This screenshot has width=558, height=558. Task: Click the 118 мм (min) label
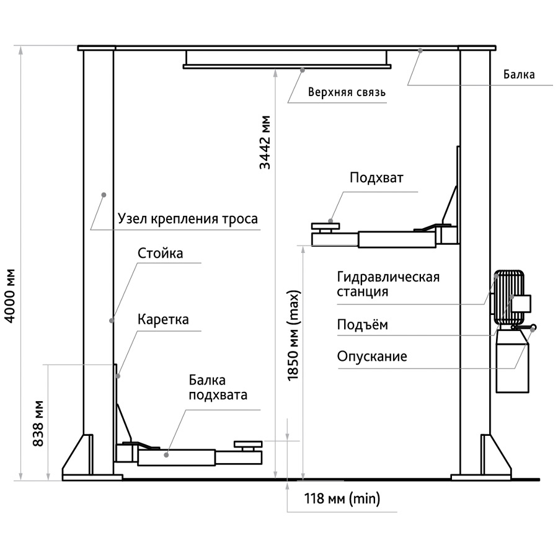pyautogui.click(x=342, y=498)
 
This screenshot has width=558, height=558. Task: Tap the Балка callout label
pyautogui.click(x=519, y=75)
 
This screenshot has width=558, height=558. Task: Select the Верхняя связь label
pyautogui.click(x=347, y=93)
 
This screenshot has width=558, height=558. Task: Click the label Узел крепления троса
pyautogui.click(x=187, y=219)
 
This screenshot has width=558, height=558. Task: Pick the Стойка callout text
pyautogui.click(x=160, y=253)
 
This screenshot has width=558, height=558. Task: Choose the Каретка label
pyautogui.click(x=163, y=320)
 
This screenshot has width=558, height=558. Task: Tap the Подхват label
pyautogui.click(x=376, y=179)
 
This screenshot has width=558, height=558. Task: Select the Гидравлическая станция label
pyautogui.click(x=388, y=284)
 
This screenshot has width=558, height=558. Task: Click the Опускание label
pyautogui.click(x=372, y=356)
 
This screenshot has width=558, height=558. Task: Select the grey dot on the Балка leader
pyautogui.click(x=420, y=52)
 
